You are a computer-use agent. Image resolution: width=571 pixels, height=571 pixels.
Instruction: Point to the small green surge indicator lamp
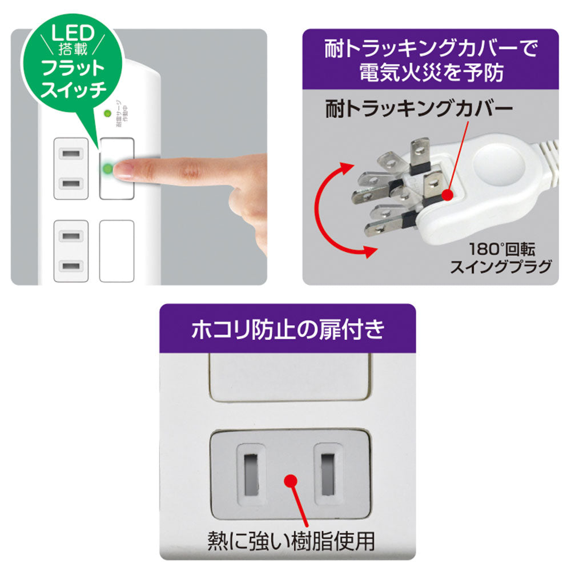107,114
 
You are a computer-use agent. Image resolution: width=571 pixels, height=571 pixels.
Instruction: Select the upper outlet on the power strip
71,168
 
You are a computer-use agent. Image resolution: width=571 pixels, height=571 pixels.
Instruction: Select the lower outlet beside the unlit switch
71,251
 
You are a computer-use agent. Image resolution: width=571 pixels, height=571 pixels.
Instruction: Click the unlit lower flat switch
116,251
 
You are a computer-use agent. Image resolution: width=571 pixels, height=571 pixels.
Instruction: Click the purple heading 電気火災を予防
431,73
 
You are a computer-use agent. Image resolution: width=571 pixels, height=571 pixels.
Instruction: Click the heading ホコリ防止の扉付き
287,329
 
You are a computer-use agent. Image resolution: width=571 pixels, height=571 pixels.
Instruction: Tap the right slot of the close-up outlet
327,473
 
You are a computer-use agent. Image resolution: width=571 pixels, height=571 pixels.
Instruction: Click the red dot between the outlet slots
291,481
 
